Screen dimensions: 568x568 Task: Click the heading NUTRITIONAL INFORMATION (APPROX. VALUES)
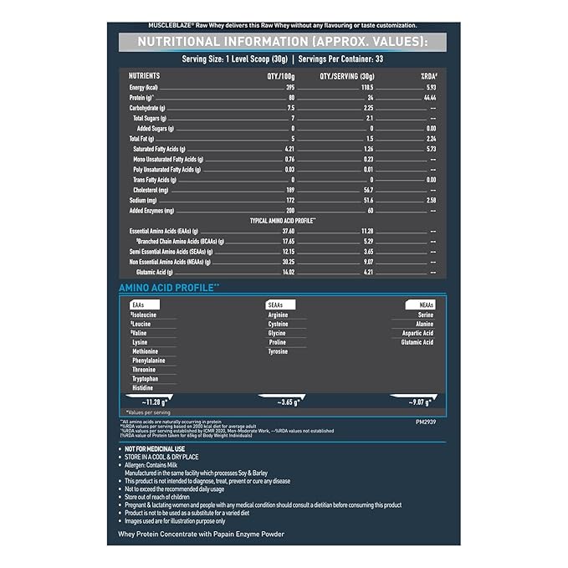[x=284, y=43]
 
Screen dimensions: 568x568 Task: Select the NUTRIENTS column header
[x=145, y=75]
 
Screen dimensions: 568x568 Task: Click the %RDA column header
[x=427, y=75]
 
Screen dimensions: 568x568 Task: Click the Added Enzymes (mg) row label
[x=153, y=211]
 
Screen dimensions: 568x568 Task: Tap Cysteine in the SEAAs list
[x=279, y=324]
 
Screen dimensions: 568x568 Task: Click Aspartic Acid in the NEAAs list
[x=417, y=333]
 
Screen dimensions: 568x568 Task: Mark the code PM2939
[x=427, y=423]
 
